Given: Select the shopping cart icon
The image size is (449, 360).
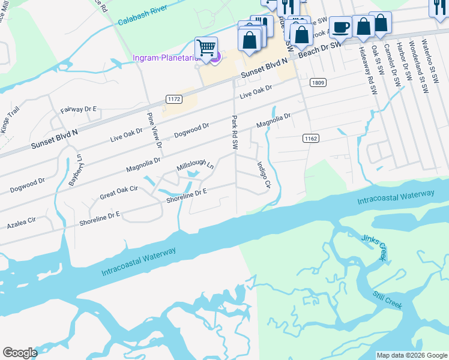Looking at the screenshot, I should [206, 47].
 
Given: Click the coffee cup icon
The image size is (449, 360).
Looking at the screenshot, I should [340, 27].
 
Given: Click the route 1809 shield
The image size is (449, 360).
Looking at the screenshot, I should [318, 82].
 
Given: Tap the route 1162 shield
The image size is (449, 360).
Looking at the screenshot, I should [310, 139].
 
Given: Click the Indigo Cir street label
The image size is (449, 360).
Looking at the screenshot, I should [265, 175].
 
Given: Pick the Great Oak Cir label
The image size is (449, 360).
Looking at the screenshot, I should [119, 193].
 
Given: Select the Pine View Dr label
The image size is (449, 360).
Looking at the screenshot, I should [155, 128].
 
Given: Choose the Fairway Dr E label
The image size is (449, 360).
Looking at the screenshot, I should [79, 110].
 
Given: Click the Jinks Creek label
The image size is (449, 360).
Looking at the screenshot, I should [375, 247].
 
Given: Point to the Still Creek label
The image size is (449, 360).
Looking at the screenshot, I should [386, 299].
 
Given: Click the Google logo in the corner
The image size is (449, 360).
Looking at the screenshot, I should [20, 353].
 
